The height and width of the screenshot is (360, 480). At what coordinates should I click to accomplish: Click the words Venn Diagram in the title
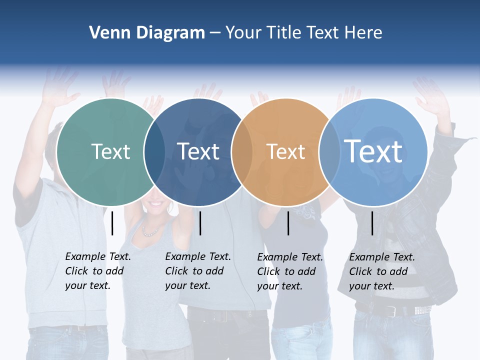(147, 33)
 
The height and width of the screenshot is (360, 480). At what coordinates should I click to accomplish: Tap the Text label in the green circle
(111, 151)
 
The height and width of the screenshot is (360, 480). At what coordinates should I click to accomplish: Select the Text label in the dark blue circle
(198, 151)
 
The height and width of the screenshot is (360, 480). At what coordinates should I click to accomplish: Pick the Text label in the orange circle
(286, 151)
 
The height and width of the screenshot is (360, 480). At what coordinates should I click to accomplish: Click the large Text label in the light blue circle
(373, 151)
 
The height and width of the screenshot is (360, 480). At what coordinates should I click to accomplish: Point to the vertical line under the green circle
(112, 223)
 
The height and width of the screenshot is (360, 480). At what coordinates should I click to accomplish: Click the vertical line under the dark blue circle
(200, 223)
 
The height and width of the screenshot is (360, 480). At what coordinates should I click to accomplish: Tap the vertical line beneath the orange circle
(288, 223)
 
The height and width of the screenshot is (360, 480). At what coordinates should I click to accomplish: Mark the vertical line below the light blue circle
(372, 223)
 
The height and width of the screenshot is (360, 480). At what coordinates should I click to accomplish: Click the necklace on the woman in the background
(151, 231)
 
